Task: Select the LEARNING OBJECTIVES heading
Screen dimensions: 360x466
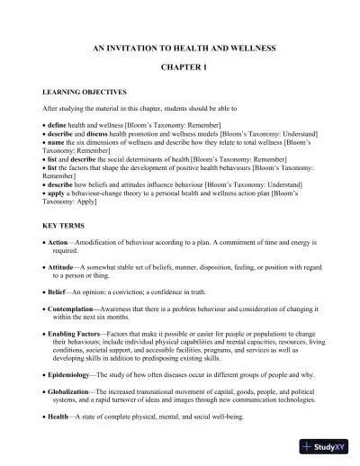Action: [85, 92]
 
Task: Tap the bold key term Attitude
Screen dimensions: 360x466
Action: [64, 268]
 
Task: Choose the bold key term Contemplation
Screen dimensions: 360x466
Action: [77, 309]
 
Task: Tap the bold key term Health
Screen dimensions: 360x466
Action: [60, 416]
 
